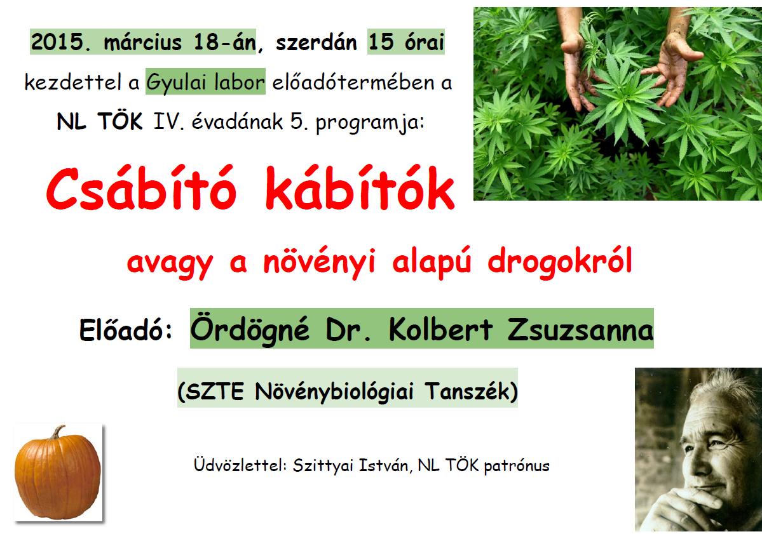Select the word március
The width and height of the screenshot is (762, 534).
[143, 43]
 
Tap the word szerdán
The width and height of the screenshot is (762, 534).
[316, 43]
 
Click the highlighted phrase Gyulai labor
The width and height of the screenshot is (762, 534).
[205, 81]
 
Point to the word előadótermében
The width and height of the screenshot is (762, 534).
[353, 81]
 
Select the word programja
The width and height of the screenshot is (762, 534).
[369, 123]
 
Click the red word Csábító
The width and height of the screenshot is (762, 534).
[142, 188]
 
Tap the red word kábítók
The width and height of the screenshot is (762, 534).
[360, 188]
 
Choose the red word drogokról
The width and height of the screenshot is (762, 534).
[560, 262]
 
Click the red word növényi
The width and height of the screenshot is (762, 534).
[319, 263]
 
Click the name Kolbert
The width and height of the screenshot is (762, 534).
[440, 329]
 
